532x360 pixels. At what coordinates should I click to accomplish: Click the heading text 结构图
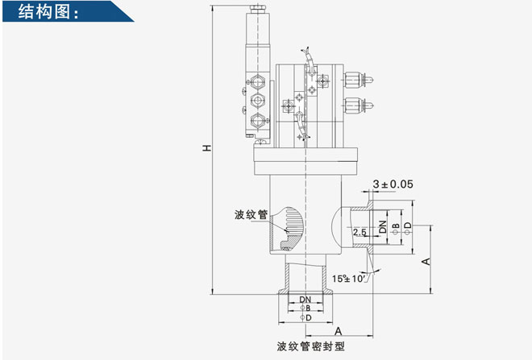[44, 11]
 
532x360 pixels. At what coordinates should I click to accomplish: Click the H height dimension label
[207, 148]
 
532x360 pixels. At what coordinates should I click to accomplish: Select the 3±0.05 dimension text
[393, 184]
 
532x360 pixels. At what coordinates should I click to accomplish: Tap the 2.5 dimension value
[360, 232]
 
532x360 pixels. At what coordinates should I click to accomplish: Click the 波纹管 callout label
[251, 214]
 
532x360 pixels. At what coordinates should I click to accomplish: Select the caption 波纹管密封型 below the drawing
[311, 346]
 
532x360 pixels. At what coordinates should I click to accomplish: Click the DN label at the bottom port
[305, 300]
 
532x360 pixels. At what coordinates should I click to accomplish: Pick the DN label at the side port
[383, 226]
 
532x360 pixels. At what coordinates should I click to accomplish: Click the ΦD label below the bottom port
[305, 317]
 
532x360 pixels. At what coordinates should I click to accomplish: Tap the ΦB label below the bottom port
[305, 308]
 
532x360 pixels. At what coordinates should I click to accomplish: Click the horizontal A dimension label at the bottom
[339, 331]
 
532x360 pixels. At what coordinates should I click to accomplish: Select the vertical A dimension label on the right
[426, 262]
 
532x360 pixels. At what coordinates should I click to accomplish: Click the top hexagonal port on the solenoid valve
[257, 81]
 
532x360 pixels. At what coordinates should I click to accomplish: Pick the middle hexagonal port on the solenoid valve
[257, 100]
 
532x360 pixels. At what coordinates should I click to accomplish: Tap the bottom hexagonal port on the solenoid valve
[257, 120]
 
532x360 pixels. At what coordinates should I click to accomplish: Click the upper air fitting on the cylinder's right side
[358, 80]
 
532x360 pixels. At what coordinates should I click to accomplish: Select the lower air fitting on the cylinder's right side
[358, 106]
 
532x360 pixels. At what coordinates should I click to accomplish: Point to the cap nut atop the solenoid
[258, 9]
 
